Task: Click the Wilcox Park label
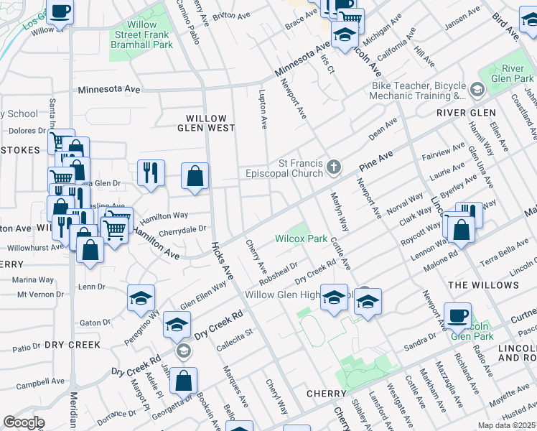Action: point(301,238)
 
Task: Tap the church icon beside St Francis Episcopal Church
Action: point(333,167)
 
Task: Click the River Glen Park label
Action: point(513,73)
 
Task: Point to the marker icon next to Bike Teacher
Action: point(478,89)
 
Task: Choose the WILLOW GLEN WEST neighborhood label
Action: point(206,123)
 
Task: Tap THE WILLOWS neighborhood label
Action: point(492,285)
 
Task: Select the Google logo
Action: point(24,422)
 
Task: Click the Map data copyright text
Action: point(507,426)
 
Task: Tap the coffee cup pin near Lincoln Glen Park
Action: point(457,315)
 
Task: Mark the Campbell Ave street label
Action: point(37,385)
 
